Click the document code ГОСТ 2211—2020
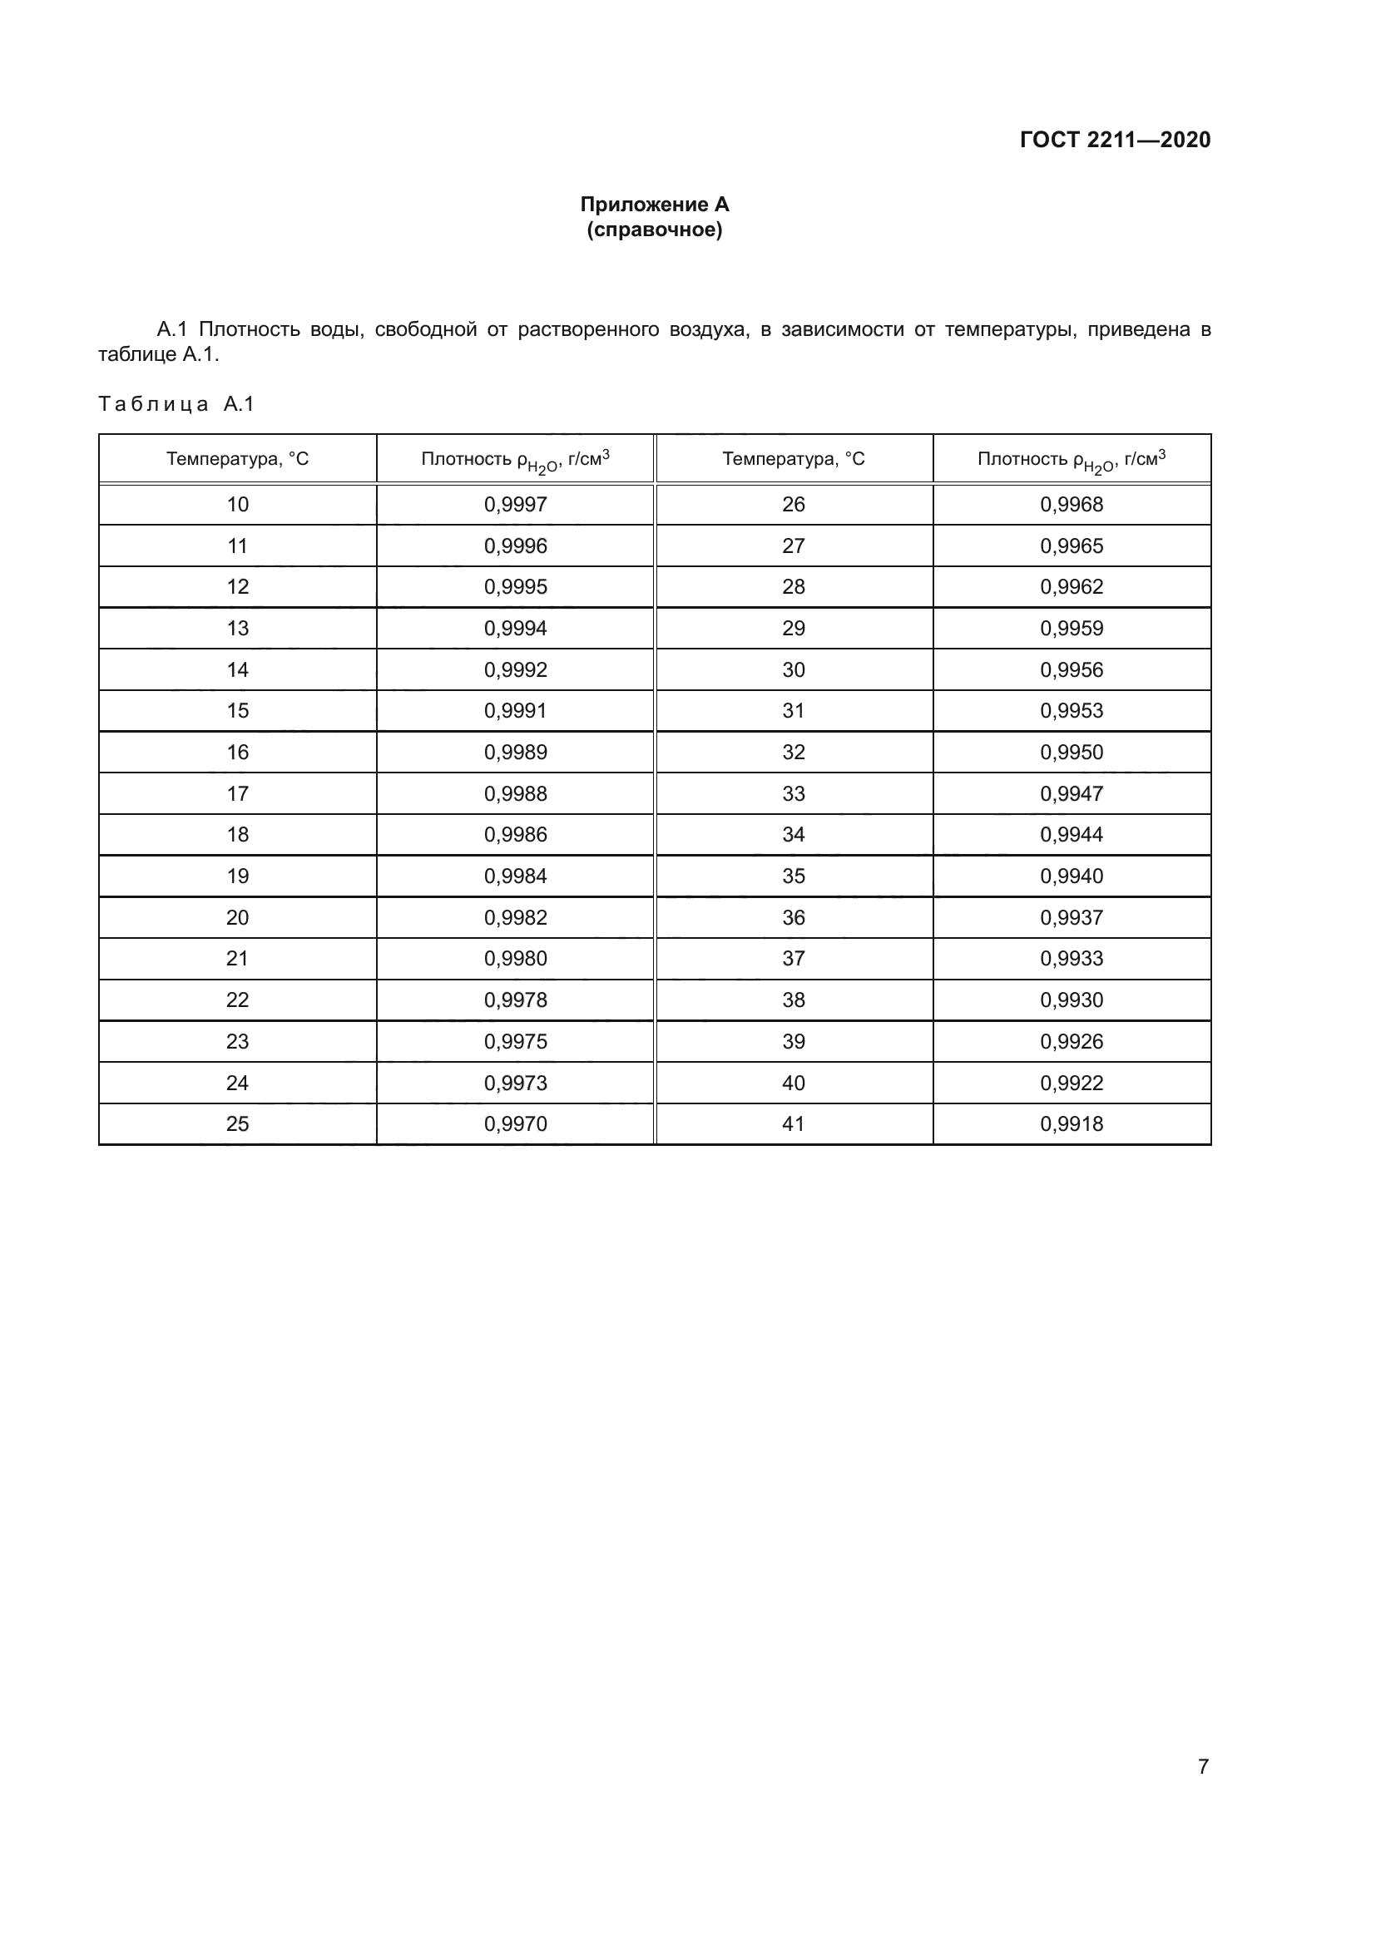[1114, 140]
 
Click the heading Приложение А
[654, 205]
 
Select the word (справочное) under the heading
[654, 230]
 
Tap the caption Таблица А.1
[176, 404]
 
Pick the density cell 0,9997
[515, 505]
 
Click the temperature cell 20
[237, 917]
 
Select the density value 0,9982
[515, 917]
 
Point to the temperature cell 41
[793, 1124]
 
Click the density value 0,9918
[1071, 1124]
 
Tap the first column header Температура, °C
[237, 459]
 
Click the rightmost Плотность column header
[1071, 460]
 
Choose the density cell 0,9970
[515, 1124]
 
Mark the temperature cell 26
[793, 505]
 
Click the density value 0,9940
[1071, 876]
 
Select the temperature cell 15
[237, 711]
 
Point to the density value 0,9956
[1071, 670]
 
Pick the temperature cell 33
[793, 794]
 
